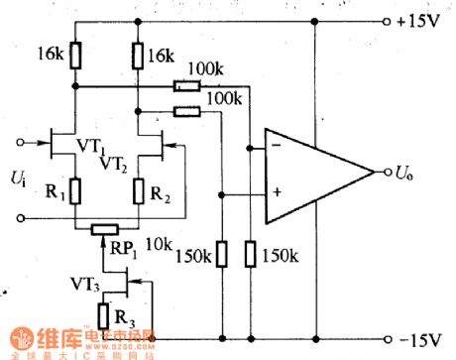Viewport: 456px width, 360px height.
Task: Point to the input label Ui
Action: (x=18, y=179)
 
